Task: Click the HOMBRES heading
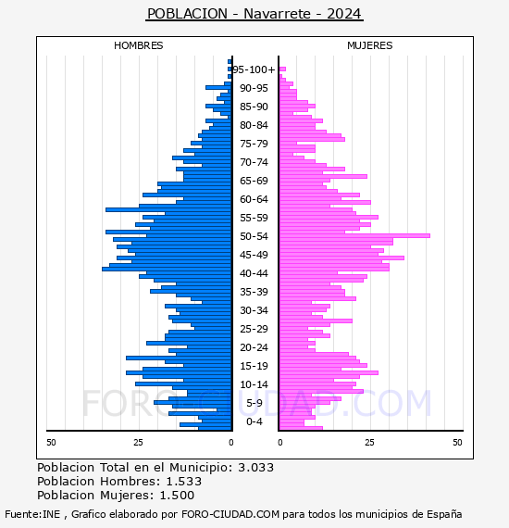pos(138,45)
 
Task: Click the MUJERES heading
pos(370,45)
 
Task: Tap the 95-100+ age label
pos(254,69)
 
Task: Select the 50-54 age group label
pos(254,236)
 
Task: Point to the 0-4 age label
pos(254,421)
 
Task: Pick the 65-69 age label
pos(254,181)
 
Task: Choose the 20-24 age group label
pos(254,347)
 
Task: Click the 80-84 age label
pos(254,125)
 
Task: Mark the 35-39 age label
pos(254,292)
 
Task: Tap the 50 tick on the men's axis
pos(51,442)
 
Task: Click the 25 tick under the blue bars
pos(138,442)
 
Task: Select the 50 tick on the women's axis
pos(457,442)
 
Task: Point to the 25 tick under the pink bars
pos(370,442)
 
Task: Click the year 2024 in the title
pos(344,14)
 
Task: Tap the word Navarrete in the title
pos(277,14)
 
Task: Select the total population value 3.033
pos(256,468)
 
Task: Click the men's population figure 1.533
pos(184,481)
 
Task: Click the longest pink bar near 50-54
pos(354,235)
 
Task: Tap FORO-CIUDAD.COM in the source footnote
pos(230,514)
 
